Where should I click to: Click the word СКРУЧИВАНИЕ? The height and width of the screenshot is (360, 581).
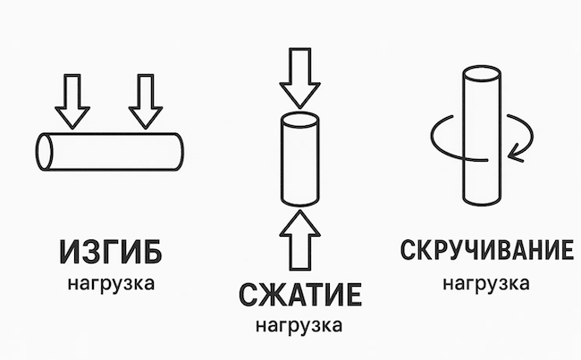click(x=485, y=252)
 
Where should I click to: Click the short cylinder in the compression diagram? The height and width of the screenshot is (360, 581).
click(x=300, y=161)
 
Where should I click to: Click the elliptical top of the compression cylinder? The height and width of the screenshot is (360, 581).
click(x=300, y=121)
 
